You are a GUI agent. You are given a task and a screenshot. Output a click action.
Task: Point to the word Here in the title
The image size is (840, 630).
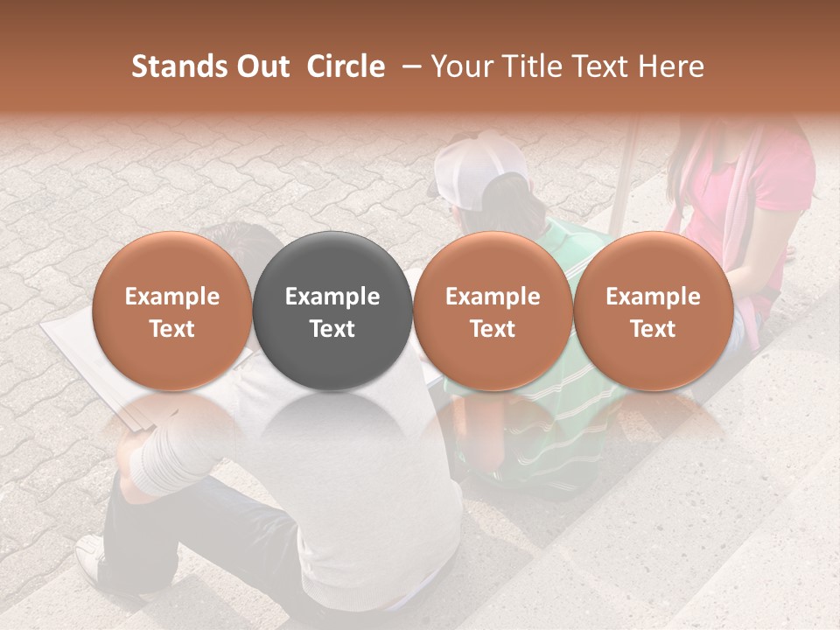click(672, 66)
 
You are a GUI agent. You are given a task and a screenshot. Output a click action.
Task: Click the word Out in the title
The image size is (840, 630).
click(260, 66)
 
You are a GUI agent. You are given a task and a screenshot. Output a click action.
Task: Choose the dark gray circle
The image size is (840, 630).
click(332, 311)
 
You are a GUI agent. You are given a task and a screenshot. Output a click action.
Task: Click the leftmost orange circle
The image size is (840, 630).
click(172, 311)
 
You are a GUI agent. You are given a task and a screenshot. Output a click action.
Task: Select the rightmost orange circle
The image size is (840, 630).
click(653, 311)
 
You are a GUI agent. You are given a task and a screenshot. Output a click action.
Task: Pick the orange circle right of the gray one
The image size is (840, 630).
click(493, 311)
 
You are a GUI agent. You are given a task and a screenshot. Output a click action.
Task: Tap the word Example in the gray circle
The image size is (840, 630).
click(332, 297)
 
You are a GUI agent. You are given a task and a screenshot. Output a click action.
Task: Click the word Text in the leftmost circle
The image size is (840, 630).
click(172, 329)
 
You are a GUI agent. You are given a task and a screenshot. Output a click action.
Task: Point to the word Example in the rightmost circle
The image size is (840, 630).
click(653, 297)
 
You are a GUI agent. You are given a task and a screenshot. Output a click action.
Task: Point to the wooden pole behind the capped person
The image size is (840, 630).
click(623, 175)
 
